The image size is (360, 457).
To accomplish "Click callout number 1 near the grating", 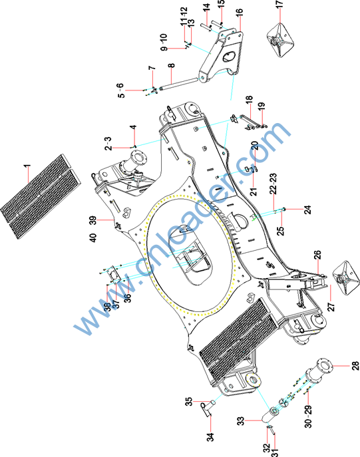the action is (27, 168).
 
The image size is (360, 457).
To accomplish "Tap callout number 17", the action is (279, 4).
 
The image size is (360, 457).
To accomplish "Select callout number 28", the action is (355, 366).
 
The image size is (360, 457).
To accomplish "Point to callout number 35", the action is (189, 402).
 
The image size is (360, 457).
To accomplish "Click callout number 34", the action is (210, 437).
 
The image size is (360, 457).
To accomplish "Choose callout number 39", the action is (92, 220).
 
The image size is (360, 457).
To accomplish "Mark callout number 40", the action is (92, 237).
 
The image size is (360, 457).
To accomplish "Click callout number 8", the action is (172, 65).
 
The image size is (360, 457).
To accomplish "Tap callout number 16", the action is (239, 13).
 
